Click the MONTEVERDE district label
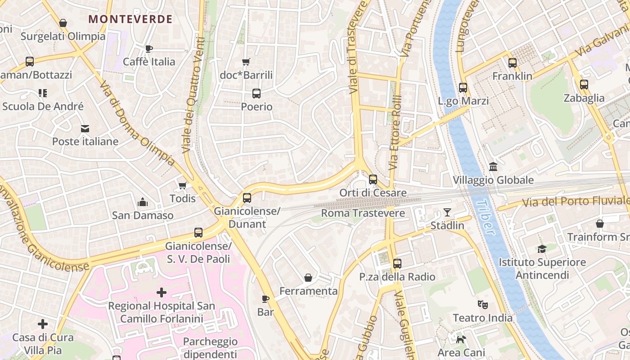(130, 19)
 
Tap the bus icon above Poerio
(256, 94)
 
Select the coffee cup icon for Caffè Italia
(149, 49)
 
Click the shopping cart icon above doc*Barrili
(246, 62)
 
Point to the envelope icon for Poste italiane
(85, 129)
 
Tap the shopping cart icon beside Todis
(182, 185)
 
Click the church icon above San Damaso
(143, 202)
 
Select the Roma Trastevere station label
(363, 213)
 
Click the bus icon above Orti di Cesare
(373, 180)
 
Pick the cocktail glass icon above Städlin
(447, 212)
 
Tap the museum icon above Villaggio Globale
(493, 167)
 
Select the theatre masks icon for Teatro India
(482, 305)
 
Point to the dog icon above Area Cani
(460, 339)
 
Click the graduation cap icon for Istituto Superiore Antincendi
(542, 249)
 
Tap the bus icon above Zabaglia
(584, 85)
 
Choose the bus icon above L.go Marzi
(463, 88)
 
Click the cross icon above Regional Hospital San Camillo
(161, 293)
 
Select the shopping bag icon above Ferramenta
(308, 278)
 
